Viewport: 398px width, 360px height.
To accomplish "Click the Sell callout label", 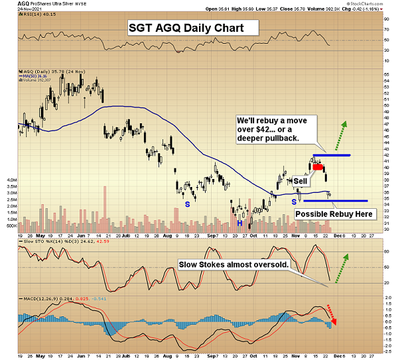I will [300, 180].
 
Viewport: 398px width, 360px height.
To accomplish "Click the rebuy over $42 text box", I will [271, 128].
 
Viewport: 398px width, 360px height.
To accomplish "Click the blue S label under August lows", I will [187, 204].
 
